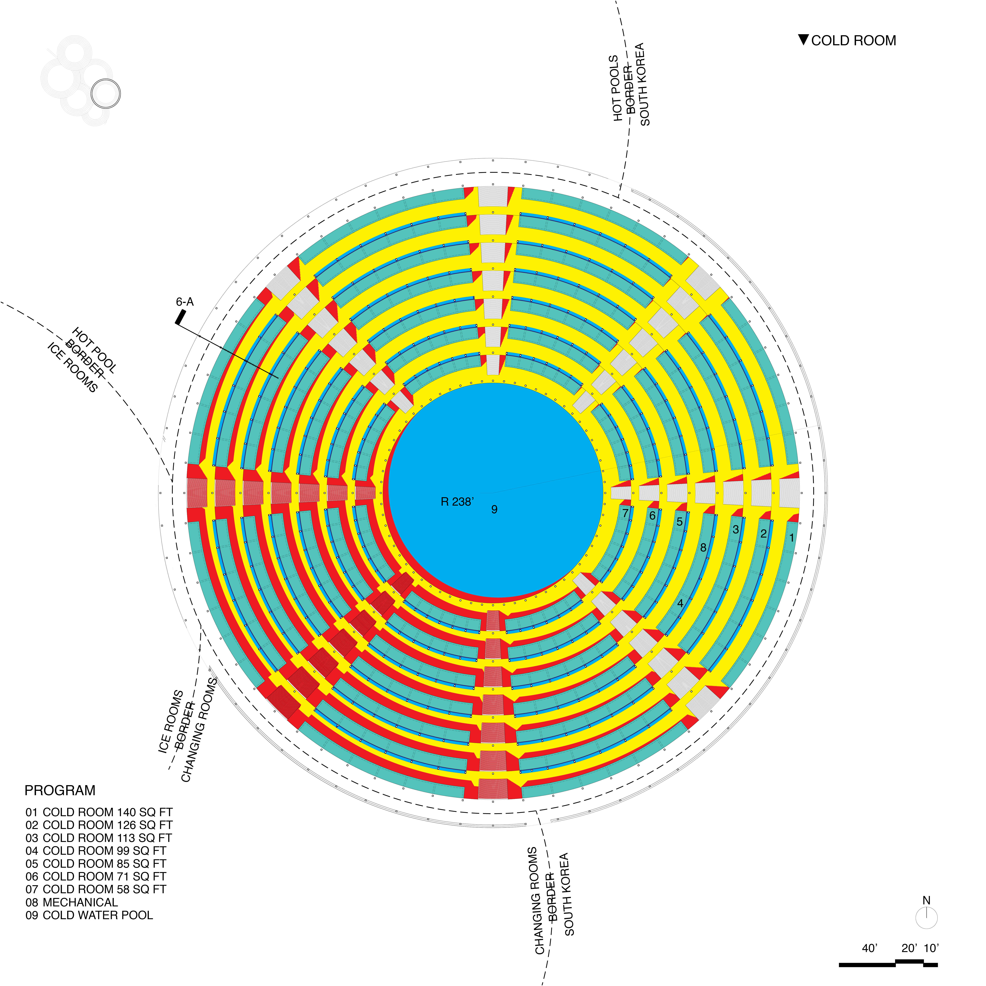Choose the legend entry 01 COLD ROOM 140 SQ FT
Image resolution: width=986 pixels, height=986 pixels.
[99, 812]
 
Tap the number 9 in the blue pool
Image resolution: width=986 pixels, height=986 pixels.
[494, 509]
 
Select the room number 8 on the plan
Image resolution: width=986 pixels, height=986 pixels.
[703, 548]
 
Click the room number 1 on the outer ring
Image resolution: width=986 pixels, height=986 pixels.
[792, 537]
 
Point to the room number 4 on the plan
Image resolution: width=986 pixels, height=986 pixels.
[680, 603]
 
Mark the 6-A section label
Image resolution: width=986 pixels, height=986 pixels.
[185, 302]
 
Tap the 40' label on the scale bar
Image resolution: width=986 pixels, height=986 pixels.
[870, 948]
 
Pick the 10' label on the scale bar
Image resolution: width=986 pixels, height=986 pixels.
[931, 948]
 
